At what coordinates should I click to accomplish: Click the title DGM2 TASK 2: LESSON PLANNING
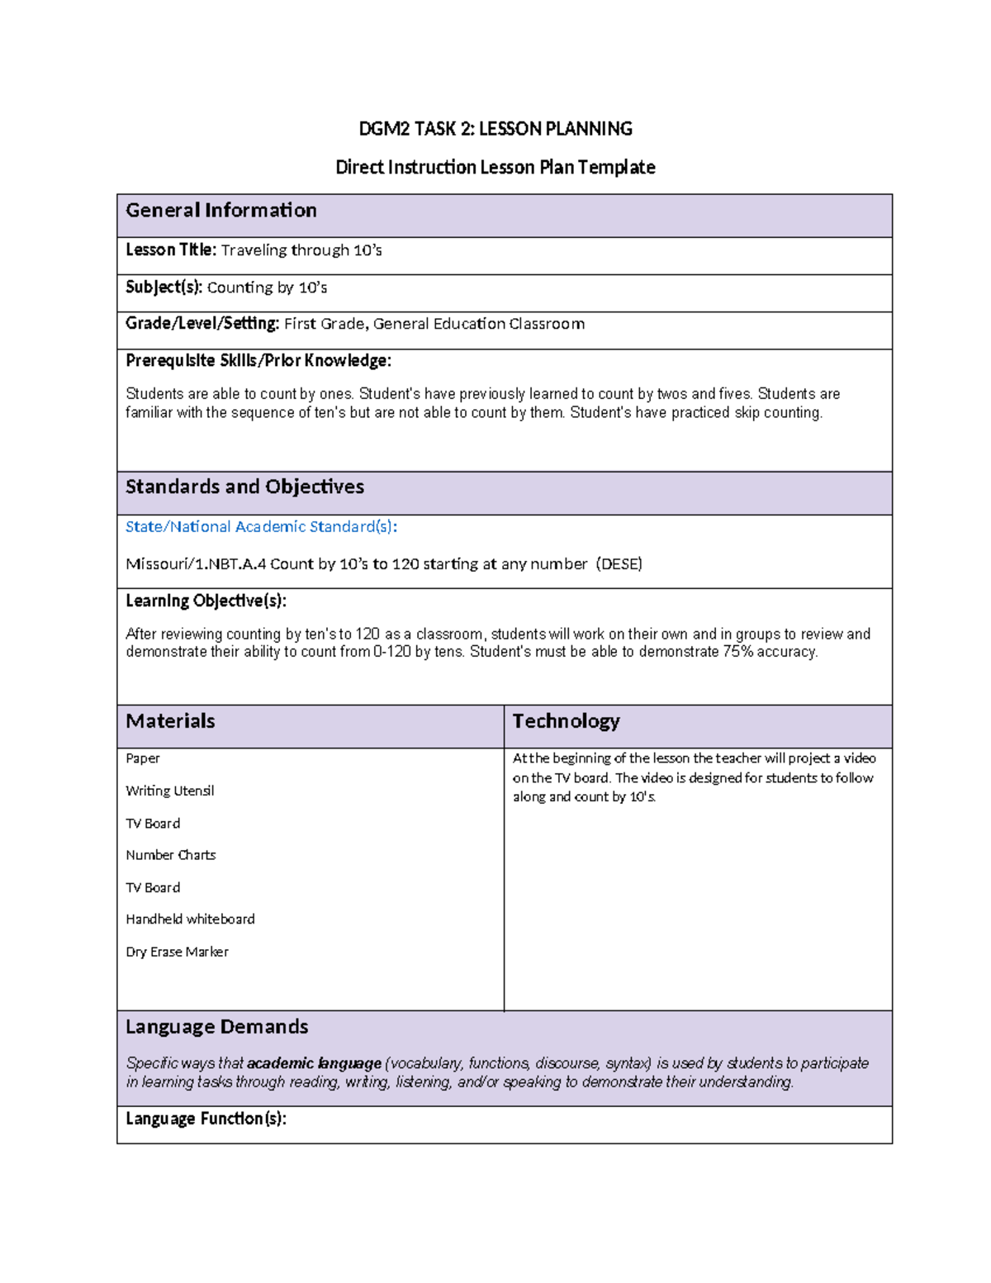[x=495, y=129]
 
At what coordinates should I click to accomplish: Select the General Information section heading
[x=220, y=211]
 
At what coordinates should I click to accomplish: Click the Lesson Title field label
[x=171, y=250]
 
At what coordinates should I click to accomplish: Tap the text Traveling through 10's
[x=301, y=250]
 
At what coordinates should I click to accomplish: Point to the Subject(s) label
[x=164, y=287]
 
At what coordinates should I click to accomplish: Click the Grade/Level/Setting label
[x=202, y=324]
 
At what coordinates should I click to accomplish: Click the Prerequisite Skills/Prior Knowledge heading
[x=258, y=361]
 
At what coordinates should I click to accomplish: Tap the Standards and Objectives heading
[x=244, y=487]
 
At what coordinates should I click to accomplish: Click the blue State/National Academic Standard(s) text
[x=261, y=527]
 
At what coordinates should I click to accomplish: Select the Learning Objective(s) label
[x=206, y=601]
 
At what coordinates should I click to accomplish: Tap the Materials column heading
[x=170, y=721]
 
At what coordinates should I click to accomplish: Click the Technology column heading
[x=566, y=721]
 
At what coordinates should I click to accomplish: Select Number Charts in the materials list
[x=170, y=855]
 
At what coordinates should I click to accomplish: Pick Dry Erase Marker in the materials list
[x=177, y=952]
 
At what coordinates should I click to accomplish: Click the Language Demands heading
[x=216, y=1027]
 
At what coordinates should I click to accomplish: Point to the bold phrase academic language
[x=314, y=1063]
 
